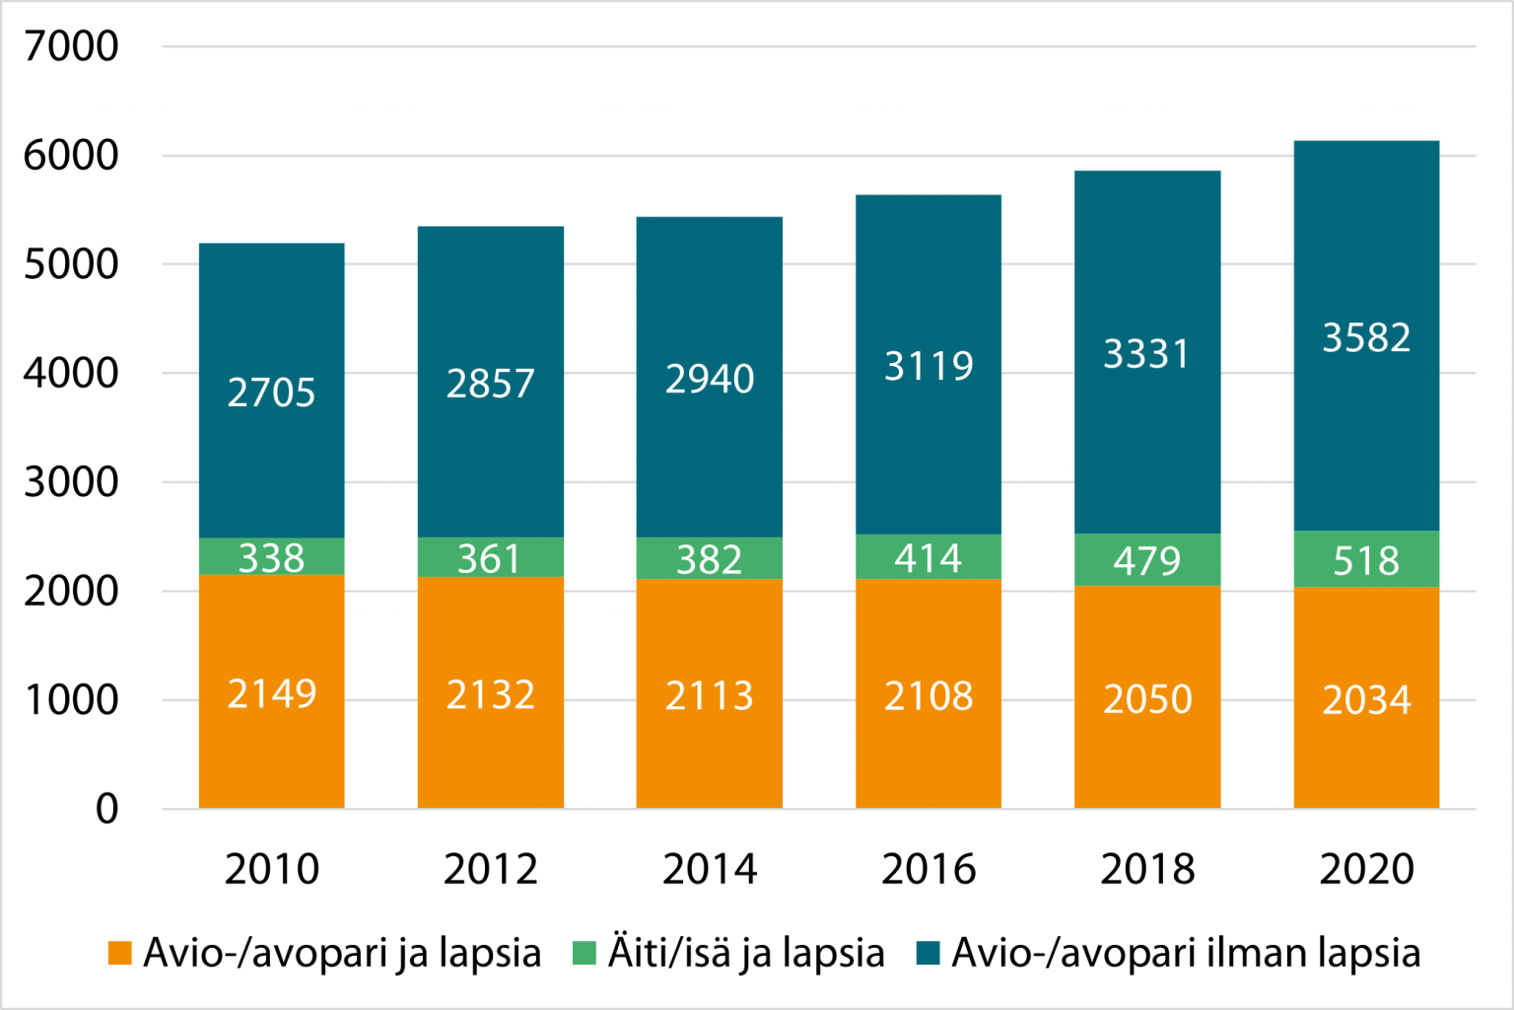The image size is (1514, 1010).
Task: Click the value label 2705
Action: (x=271, y=393)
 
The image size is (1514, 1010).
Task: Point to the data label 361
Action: (x=490, y=559)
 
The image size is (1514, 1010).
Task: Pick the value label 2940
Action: (x=710, y=379)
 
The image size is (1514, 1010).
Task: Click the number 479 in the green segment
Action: (x=1146, y=560)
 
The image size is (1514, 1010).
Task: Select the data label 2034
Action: (x=1366, y=700)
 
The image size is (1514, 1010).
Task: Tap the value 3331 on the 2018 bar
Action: (x=1146, y=354)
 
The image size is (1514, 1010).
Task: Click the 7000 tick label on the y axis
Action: (x=71, y=46)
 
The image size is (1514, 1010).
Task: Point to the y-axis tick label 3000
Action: (x=71, y=482)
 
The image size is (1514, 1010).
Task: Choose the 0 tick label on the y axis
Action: (x=106, y=809)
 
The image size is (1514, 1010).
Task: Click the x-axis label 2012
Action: (x=490, y=869)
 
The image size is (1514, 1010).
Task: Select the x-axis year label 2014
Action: (x=710, y=869)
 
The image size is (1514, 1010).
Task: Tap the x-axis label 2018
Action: (x=1147, y=869)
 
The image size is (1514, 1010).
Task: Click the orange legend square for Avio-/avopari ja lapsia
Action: (x=119, y=953)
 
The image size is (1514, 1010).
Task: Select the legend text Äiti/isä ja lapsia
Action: (x=745, y=953)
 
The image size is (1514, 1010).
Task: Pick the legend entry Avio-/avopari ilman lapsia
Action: (x=1186, y=953)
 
